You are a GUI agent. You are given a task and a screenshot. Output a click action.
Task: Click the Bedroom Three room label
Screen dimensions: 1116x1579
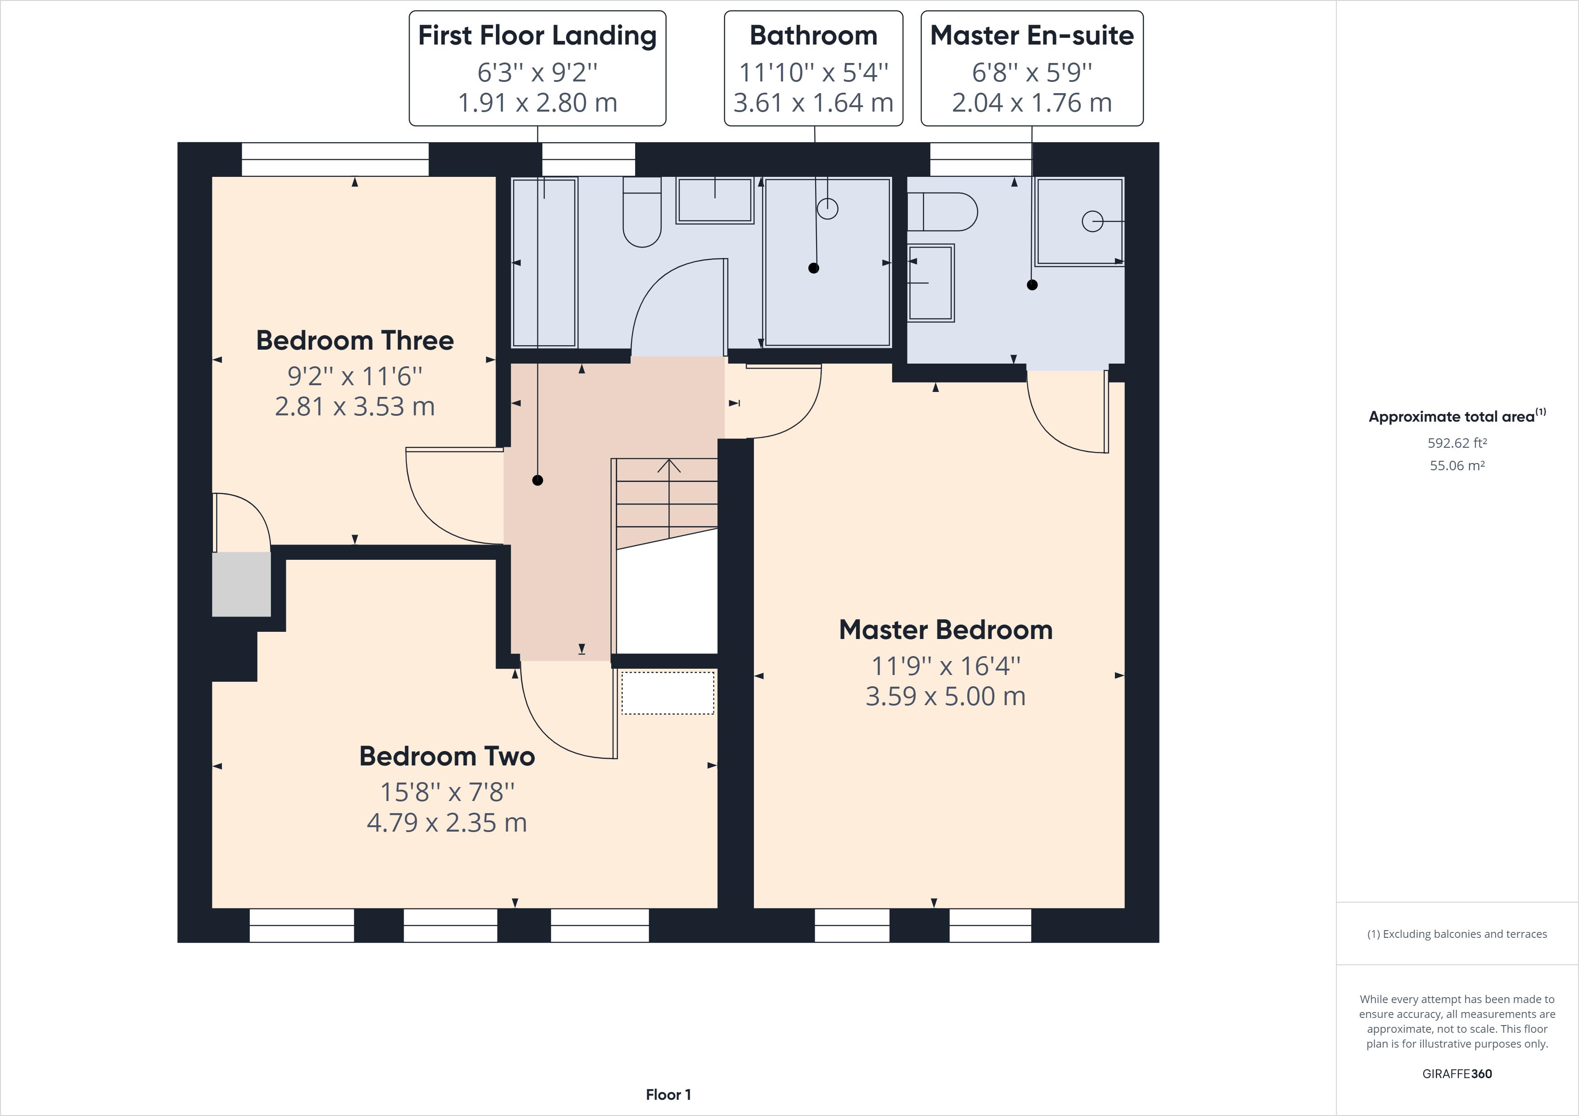[355, 340]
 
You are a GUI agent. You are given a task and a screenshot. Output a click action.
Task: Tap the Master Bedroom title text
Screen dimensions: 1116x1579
[946, 630]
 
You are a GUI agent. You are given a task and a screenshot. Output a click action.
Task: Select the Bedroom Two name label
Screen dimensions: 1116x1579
[447, 756]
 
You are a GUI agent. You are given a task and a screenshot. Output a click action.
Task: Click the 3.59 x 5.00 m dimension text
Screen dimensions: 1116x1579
[946, 696]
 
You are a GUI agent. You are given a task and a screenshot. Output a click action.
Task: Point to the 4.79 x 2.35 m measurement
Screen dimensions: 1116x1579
[447, 823]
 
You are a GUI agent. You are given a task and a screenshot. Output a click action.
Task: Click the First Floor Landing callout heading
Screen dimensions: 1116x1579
[537, 36]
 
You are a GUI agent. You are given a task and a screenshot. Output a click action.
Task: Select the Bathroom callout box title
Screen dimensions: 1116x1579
[813, 36]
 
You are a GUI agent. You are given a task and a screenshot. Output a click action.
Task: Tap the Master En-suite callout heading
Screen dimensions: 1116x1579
[1032, 36]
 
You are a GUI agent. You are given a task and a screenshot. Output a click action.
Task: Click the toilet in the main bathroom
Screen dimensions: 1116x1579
[642, 213]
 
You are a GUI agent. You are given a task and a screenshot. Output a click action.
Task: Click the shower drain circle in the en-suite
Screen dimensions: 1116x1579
[1092, 221]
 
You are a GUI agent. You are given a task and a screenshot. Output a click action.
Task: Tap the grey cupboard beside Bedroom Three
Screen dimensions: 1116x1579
[241, 585]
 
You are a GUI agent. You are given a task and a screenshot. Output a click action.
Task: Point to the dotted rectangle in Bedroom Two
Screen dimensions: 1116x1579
[668, 693]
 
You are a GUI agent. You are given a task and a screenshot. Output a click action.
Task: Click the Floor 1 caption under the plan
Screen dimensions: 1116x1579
[668, 1095]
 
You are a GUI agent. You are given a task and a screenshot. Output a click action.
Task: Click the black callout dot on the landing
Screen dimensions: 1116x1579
[538, 481]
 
